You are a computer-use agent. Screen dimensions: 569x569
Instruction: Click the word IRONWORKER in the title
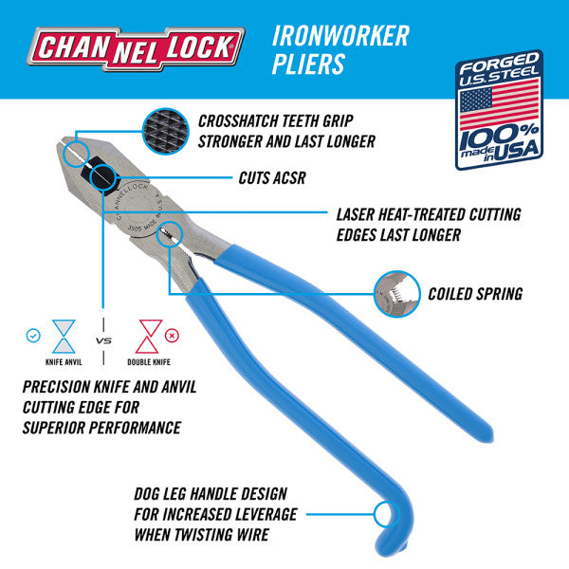[340, 35]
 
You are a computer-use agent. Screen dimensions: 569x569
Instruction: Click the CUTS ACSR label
[273, 177]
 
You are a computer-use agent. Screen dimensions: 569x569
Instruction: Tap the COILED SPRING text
[474, 294]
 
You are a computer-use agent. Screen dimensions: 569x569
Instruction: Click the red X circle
[172, 335]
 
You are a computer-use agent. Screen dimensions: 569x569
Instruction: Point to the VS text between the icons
[105, 340]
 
